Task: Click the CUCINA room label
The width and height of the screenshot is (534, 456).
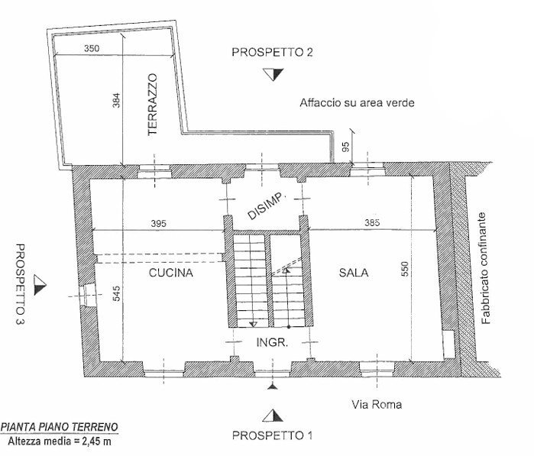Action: click(171, 273)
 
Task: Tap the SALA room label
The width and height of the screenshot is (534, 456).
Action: click(354, 273)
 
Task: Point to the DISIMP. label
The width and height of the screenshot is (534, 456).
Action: click(266, 206)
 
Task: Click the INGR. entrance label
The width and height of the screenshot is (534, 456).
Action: click(271, 343)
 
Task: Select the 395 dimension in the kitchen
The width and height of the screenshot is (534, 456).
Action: click(157, 224)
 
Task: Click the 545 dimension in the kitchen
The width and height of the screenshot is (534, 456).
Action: click(116, 293)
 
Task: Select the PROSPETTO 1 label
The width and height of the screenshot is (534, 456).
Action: click(272, 436)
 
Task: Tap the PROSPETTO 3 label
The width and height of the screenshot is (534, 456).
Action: click(21, 282)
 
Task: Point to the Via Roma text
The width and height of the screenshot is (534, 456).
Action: click(377, 405)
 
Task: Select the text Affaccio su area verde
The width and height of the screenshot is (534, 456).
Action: click(357, 103)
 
